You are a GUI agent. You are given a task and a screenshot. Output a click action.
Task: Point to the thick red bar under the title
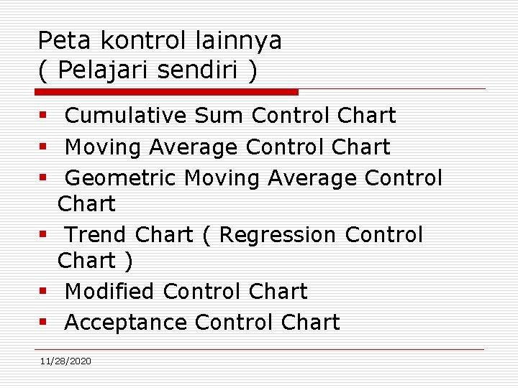click(167, 92)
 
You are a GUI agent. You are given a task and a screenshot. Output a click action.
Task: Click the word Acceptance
click(126, 323)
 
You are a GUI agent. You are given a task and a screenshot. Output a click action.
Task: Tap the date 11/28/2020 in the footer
click(65, 361)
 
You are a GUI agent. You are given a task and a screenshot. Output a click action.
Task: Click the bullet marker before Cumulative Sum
click(43, 116)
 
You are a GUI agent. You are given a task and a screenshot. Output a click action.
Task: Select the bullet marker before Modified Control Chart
click(43, 292)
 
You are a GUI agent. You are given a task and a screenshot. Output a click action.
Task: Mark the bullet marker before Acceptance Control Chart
click(43, 323)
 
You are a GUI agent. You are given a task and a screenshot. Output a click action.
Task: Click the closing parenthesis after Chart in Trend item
click(128, 262)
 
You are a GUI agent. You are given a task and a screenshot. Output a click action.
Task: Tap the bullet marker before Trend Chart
click(43, 235)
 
